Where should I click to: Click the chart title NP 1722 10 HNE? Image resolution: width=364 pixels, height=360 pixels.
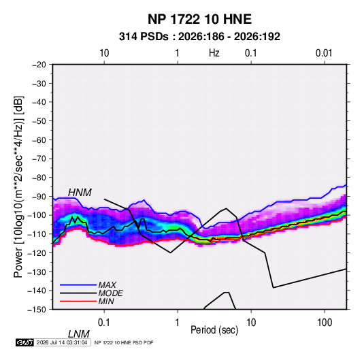199,19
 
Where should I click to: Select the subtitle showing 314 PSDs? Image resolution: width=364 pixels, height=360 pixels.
199,37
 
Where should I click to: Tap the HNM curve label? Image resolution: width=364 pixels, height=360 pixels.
80,193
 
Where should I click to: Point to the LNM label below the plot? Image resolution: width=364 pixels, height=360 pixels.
78,334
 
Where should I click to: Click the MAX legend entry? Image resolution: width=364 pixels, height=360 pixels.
107,284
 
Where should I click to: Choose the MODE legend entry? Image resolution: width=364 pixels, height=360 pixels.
110,293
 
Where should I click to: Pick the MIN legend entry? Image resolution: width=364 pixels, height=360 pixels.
106,301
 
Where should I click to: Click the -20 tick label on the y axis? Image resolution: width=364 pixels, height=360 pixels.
39,65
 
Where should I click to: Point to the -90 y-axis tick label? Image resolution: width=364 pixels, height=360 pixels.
39,197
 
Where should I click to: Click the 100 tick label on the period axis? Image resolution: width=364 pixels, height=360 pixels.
325,323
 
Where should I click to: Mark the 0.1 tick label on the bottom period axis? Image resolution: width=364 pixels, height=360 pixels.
104,323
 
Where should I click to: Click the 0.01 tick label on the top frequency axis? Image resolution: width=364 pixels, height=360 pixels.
324,53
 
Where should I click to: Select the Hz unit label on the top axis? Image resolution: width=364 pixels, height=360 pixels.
214,53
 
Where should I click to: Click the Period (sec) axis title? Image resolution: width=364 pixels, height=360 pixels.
214,330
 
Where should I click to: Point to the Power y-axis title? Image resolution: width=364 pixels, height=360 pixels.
18,186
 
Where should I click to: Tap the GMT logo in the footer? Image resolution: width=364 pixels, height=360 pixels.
25,342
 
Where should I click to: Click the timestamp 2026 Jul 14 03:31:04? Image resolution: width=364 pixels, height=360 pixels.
62,342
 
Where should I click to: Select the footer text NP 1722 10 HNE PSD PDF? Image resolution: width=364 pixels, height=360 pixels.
124,342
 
